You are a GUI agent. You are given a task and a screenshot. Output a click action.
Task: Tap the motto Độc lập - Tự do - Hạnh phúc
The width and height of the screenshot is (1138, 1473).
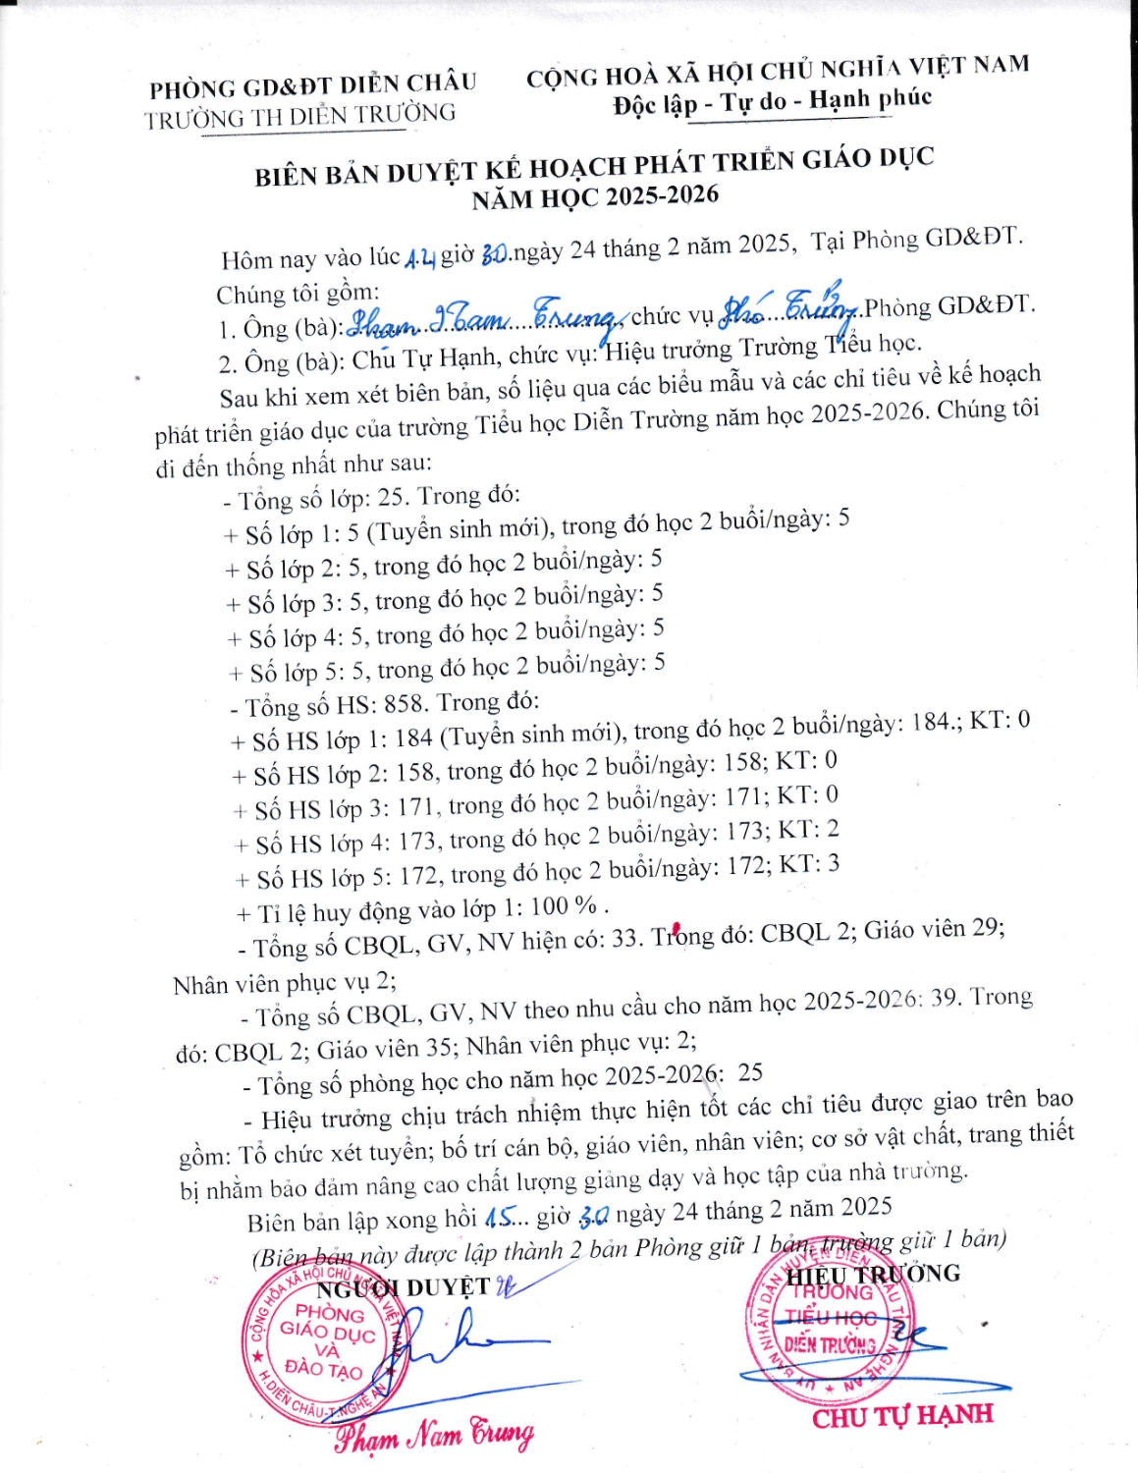pos(772,101)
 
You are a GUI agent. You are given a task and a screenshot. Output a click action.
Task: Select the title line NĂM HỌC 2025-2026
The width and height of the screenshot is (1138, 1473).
pos(595,196)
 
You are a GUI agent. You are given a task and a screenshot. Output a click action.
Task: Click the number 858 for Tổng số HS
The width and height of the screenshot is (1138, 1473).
pos(406,705)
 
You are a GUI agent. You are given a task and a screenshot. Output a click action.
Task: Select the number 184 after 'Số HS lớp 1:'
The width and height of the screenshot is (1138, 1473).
pos(413,736)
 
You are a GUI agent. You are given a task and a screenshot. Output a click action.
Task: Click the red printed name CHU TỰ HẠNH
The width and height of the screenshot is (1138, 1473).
pos(902,1416)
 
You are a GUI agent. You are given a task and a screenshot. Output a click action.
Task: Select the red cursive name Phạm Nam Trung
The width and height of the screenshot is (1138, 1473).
pos(435,1435)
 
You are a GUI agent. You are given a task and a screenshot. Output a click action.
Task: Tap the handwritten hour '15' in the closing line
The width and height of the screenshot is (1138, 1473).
pos(499,1218)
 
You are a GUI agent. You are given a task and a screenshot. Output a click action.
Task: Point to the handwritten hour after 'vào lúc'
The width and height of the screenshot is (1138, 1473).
pos(419,257)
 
